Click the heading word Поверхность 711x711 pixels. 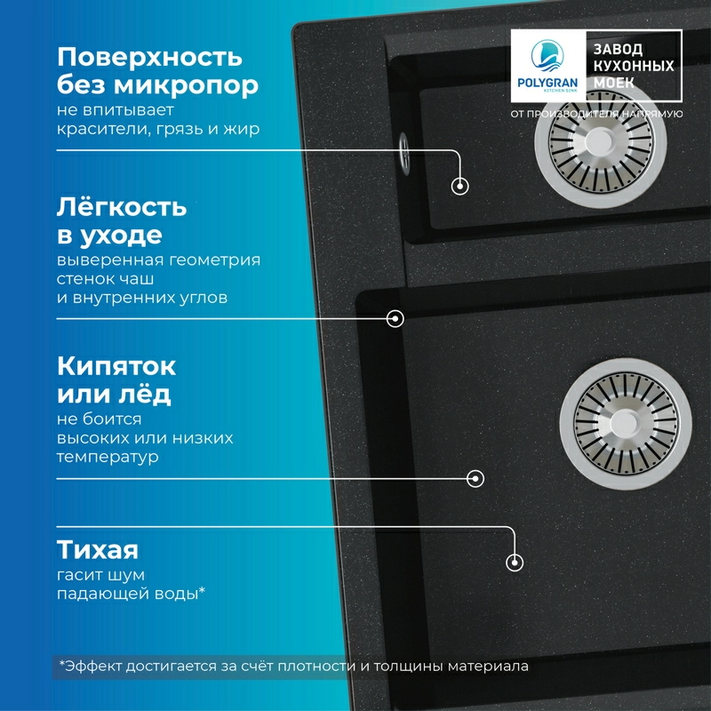coord(149,58)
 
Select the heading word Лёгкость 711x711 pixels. coord(122,209)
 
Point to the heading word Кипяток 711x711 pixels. coord(116,366)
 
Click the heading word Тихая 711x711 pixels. coord(98,547)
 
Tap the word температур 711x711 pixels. coord(108,458)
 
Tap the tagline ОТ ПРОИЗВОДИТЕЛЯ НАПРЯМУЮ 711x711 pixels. coord(596,114)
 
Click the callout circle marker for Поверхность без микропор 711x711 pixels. coord(460,186)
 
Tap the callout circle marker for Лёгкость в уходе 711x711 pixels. coord(395,317)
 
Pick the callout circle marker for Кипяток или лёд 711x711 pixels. coord(476,478)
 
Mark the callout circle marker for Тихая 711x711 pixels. coord(514,563)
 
